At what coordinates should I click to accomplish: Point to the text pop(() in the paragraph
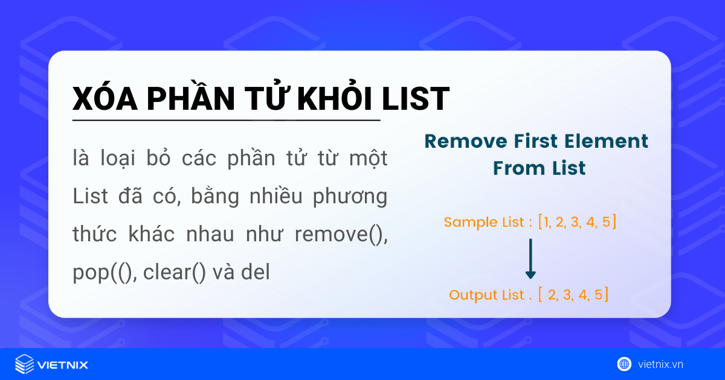tap(97, 273)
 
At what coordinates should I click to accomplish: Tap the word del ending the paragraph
tap(255, 273)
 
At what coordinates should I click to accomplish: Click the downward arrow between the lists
tap(530, 259)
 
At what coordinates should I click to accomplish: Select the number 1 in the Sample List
tap(546, 222)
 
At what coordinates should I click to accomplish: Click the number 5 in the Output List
tap(598, 295)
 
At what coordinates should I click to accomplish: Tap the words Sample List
tap(484, 222)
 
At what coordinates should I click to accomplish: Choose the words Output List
tap(486, 295)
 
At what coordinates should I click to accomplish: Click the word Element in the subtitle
tap(610, 141)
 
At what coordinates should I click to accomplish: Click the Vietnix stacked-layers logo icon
tap(24, 364)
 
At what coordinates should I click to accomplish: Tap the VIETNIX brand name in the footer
tap(63, 365)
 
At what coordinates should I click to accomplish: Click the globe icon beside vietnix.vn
tap(624, 364)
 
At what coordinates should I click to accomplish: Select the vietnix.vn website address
tap(660, 364)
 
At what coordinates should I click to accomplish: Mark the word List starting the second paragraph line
tap(89, 197)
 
